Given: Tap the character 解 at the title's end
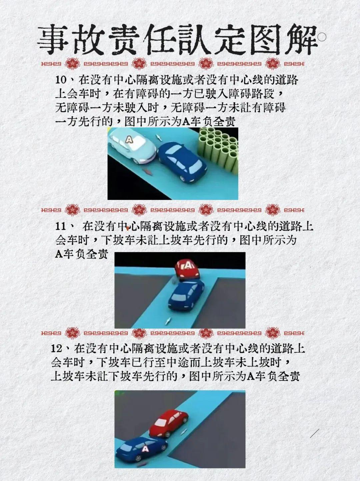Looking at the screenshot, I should click(302, 41).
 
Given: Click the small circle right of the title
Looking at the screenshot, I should click(322, 38).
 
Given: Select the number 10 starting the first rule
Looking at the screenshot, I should click(62, 80).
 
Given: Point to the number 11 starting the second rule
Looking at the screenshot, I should click(62, 226).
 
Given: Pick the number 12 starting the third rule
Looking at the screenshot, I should click(57, 349).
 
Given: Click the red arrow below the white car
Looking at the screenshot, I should click(146, 171).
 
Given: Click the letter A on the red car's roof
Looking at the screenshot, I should click(189, 265).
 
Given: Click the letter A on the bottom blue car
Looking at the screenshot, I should click(145, 449).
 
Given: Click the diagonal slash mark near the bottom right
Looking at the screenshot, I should click(314, 433).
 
